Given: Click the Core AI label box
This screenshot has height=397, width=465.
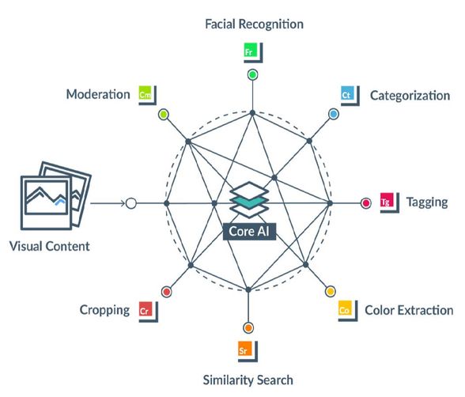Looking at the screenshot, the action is point(249,231).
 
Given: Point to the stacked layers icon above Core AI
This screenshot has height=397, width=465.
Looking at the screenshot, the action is point(249,199).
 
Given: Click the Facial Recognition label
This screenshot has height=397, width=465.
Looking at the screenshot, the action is point(254,25).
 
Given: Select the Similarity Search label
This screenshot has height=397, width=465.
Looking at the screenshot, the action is point(248,380).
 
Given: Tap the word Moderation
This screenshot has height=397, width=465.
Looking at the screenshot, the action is point(98,94).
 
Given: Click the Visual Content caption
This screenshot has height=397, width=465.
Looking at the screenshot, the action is point(49,246).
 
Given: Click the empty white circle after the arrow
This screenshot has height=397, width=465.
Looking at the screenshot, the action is point(130,203).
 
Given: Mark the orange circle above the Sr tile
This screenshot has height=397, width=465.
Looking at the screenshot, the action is point(248,328).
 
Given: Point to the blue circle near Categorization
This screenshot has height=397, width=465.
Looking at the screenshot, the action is point(334,114).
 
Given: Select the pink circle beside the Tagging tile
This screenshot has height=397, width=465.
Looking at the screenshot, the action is point(366,203).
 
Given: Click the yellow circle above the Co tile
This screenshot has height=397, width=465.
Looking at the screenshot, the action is point(330,292).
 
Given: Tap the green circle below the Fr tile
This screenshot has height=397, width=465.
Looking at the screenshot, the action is point(252,74).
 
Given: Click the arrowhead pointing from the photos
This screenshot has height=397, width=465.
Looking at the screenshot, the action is point(123,203).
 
